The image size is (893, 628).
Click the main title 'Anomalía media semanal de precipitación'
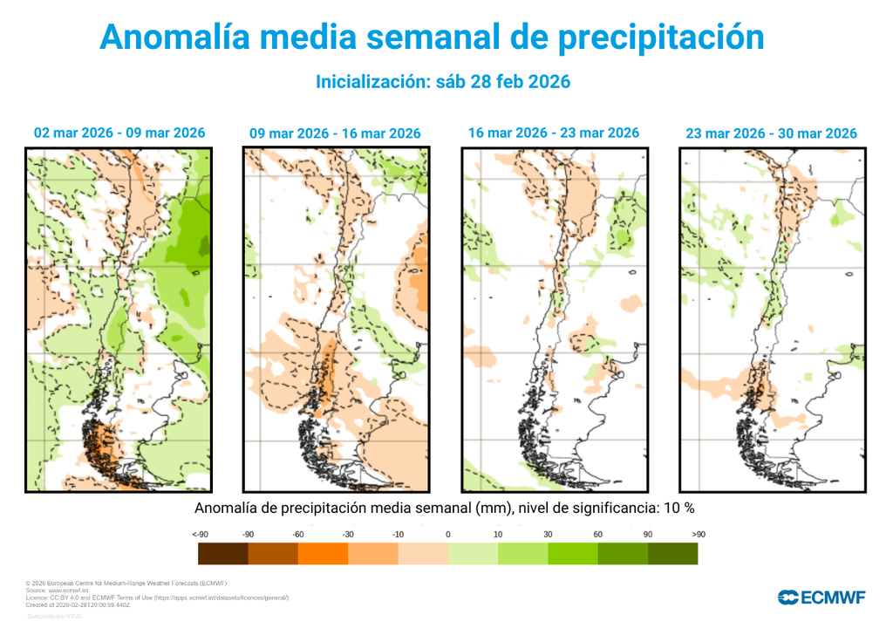point(432,38)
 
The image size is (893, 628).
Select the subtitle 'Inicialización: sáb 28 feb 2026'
point(442,82)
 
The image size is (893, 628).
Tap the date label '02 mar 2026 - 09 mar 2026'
point(119,133)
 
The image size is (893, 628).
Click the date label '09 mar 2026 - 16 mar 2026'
point(335,133)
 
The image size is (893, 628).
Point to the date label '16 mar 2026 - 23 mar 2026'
point(553,133)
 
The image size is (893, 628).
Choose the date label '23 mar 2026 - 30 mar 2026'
point(771,133)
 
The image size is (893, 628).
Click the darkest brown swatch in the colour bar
point(222,554)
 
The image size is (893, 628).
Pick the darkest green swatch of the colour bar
point(672,554)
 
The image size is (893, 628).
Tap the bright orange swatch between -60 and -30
point(323,554)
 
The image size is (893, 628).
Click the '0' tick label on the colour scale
point(447,534)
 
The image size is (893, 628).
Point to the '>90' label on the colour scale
point(698,534)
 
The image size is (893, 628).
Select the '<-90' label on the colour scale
point(200,534)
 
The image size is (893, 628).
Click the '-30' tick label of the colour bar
point(348,534)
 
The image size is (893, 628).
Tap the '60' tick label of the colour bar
point(598,534)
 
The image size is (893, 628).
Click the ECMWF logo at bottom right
point(821,597)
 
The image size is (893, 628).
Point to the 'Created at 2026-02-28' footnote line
point(79,604)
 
